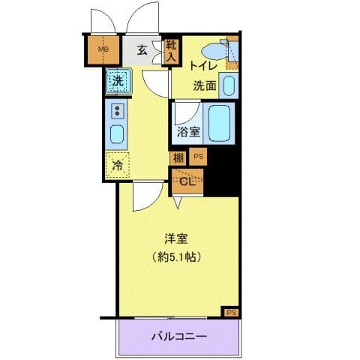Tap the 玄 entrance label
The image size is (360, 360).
tap(142, 51)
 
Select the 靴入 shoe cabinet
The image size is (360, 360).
tap(171, 51)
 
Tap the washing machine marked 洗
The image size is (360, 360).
tap(118, 80)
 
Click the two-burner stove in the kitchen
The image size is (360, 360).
tap(118, 111)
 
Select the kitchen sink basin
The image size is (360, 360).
tap(118, 136)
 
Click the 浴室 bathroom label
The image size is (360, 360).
tap(188, 133)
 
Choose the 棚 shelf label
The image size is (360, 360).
tap(178, 157)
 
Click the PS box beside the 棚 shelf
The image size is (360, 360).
tap(198, 157)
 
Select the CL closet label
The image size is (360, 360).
tap(187, 180)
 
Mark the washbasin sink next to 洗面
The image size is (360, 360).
tap(229, 85)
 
